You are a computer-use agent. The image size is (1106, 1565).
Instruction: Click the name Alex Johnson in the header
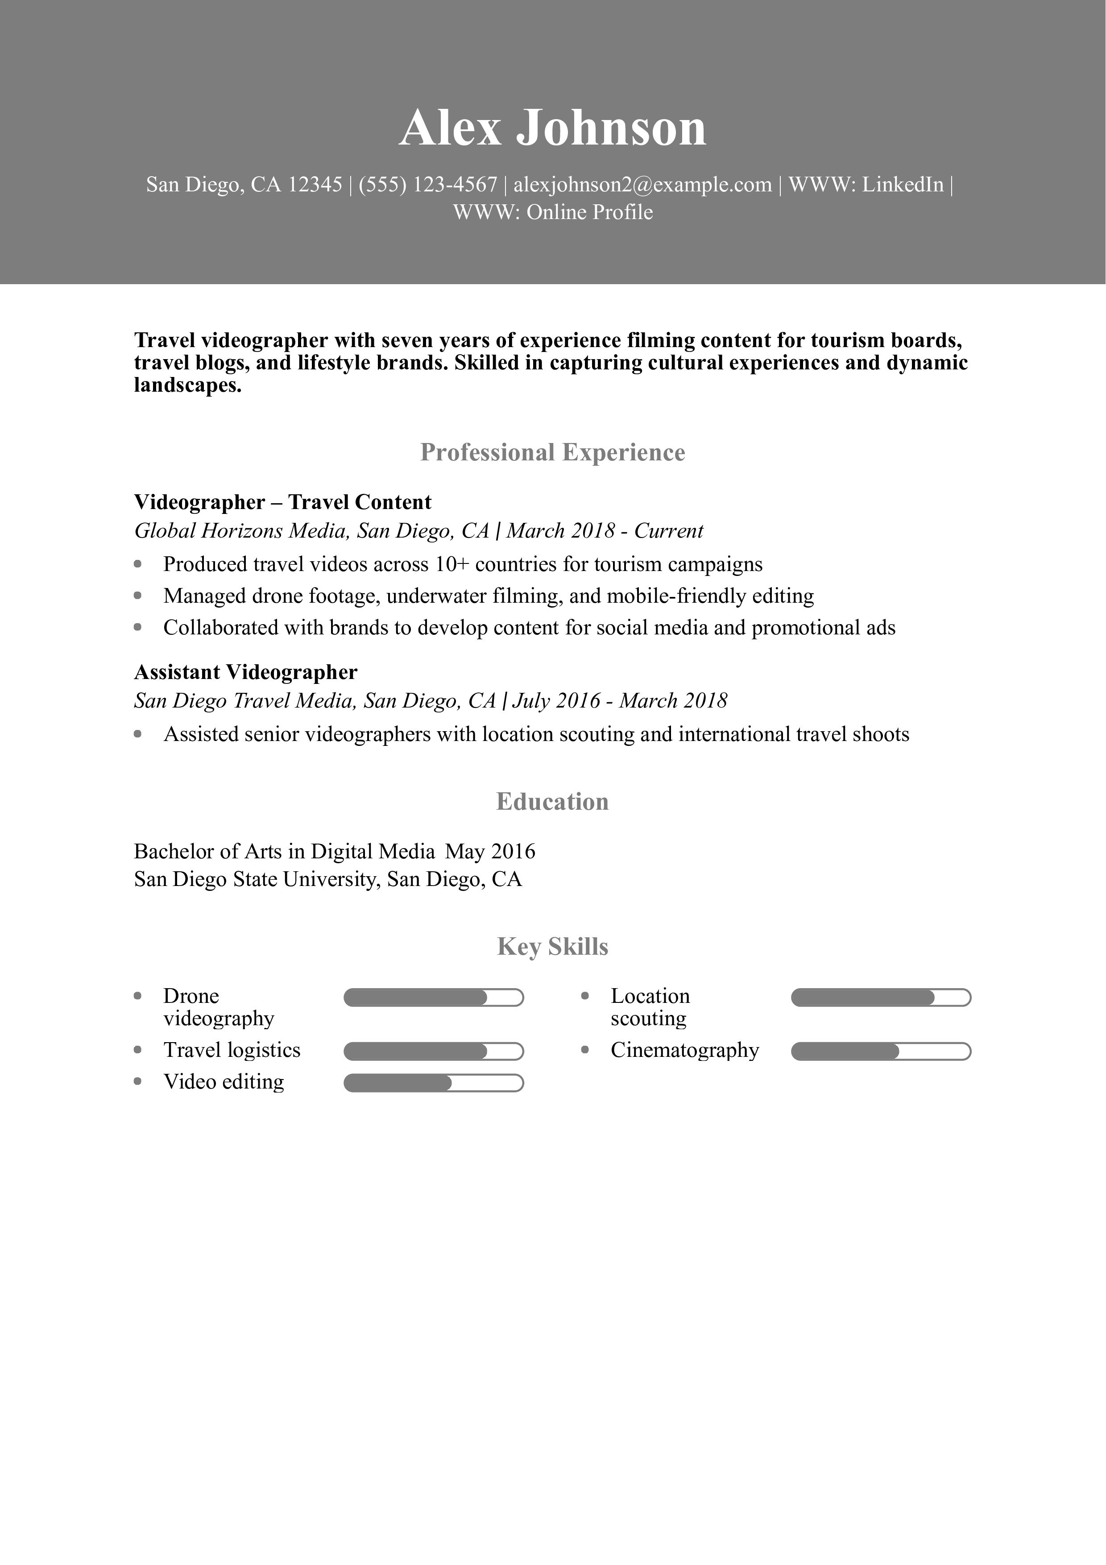pyautogui.click(x=553, y=128)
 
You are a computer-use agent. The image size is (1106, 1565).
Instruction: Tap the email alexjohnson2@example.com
pyautogui.click(x=642, y=185)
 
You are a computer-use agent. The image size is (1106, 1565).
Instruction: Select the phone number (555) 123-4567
pyautogui.click(x=427, y=185)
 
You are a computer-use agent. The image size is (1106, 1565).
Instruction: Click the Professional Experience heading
pyautogui.click(x=553, y=453)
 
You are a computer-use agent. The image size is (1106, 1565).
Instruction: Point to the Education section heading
pyautogui.click(x=553, y=802)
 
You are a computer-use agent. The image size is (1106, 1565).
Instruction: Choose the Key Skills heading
pyautogui.click(x=553, y=947)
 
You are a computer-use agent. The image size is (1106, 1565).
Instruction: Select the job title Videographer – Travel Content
pyautogui.click(x=283, y=502)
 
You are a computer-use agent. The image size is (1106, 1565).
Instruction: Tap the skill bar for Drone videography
pyautogui.click(x=433, y=998)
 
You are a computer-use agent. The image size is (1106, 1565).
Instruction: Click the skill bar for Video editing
pyautogui.click(x=433, y=1083)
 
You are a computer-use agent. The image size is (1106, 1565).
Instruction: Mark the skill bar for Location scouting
pyautogui.click(x=880, y=998)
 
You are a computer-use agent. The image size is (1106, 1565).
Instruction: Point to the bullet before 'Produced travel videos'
pyautogui.click(x=138, y=564)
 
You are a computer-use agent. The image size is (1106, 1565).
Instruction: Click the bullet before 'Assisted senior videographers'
pyautogui.click(x=138, y=734)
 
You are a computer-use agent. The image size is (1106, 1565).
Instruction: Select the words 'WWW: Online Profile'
pyautogui.click(x=553, y=213)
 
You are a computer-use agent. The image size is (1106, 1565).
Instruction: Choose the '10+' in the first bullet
pyautogui.click(x=452, y=564)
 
